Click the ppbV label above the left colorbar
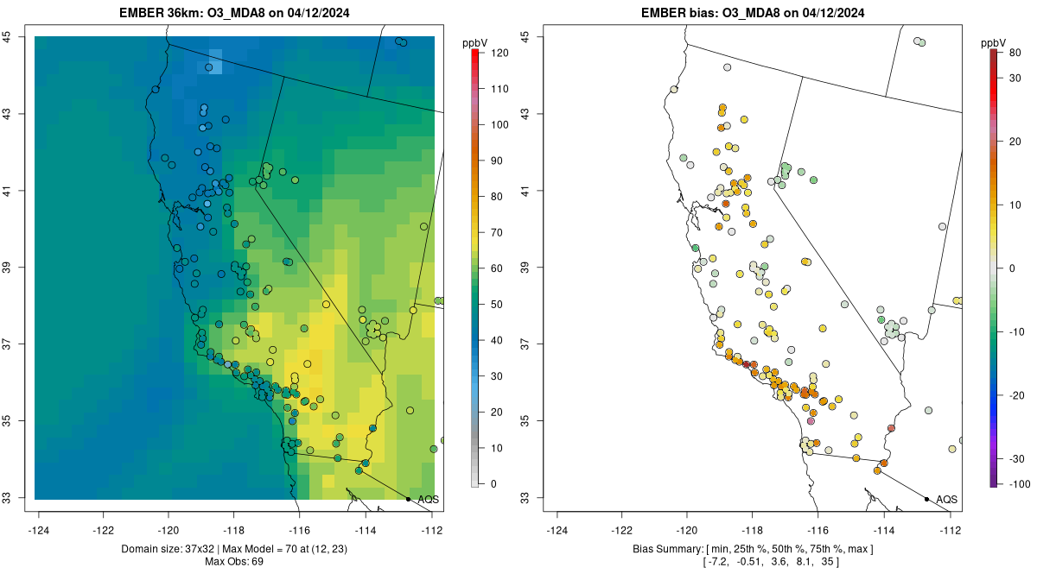475,42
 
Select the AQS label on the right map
947,499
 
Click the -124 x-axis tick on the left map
40,529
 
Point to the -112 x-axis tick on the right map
950,529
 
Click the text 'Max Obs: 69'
233,562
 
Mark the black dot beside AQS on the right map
926,499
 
